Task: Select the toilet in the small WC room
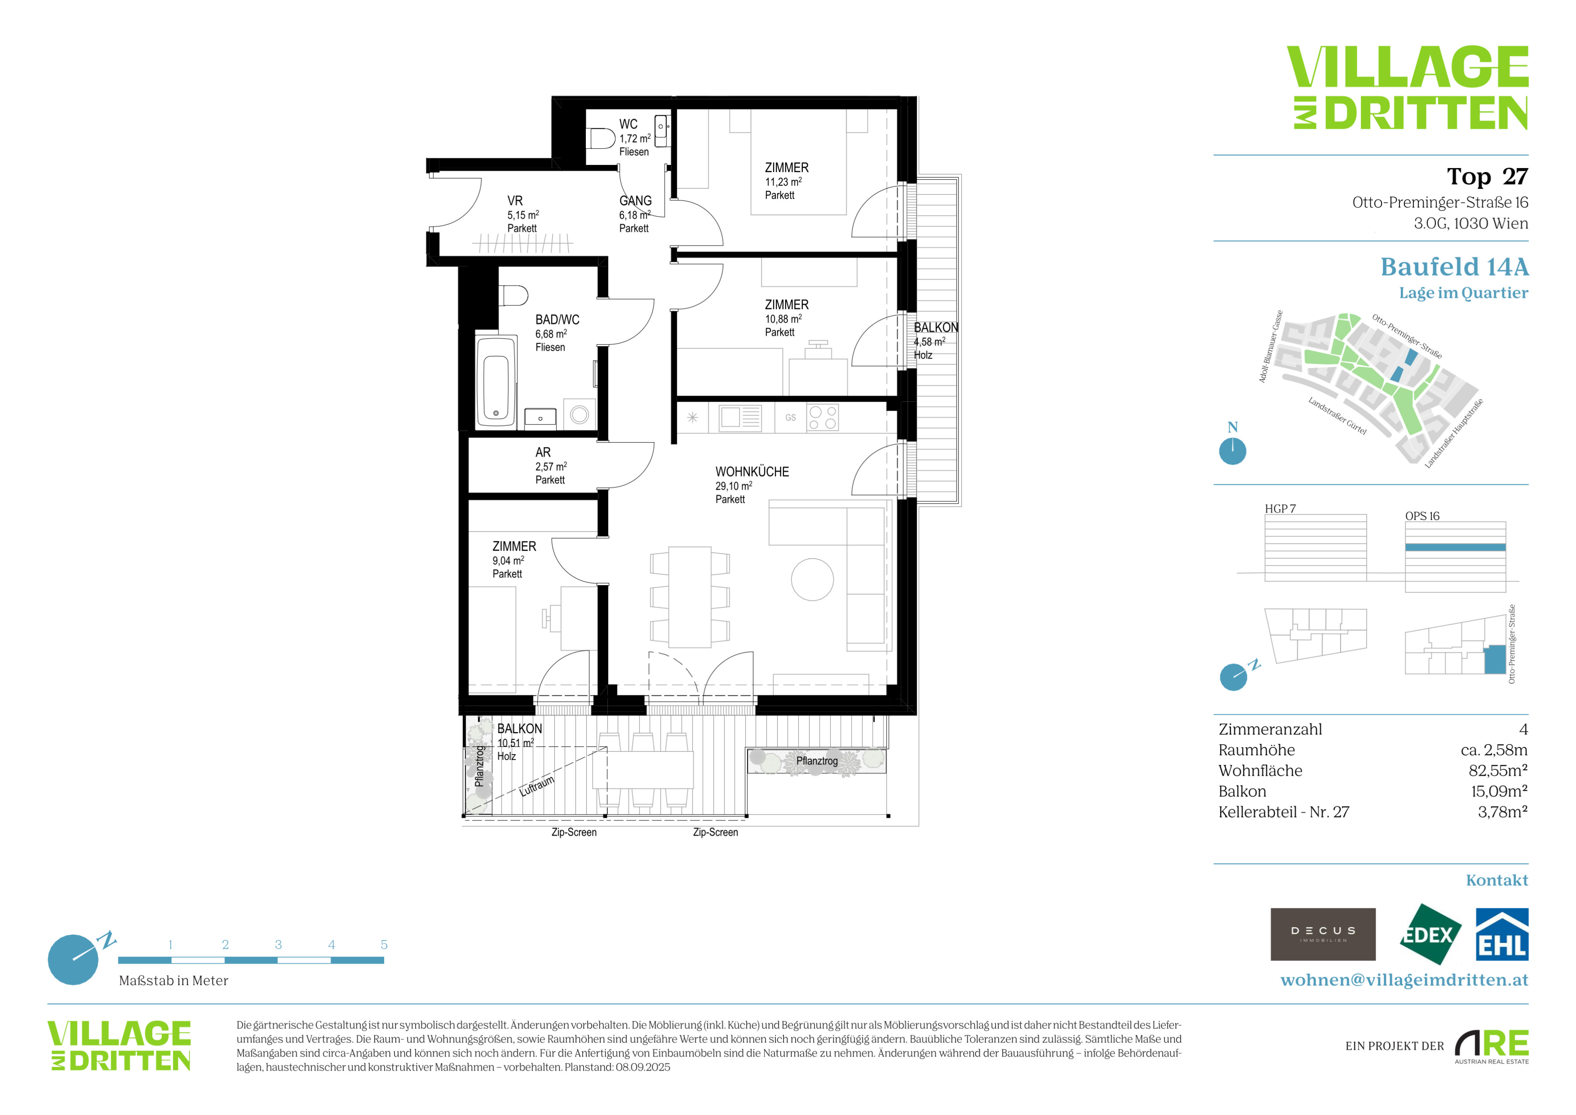click(602, 139)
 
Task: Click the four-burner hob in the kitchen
click(822, 418)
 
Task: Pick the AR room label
click(543, 452)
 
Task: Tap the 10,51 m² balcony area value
click(516, 743)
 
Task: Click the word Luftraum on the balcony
click(537, 785)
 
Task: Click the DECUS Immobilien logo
click(1323, 934)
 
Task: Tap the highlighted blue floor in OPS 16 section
click(1455, 547)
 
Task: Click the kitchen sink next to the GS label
click(740, 418)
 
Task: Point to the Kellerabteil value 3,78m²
click(1503, 812)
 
